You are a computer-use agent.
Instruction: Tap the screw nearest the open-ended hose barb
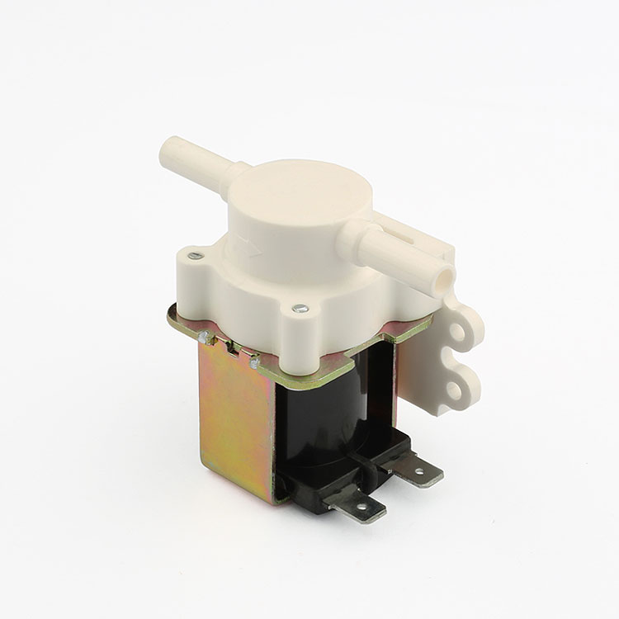pos(299,309)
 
